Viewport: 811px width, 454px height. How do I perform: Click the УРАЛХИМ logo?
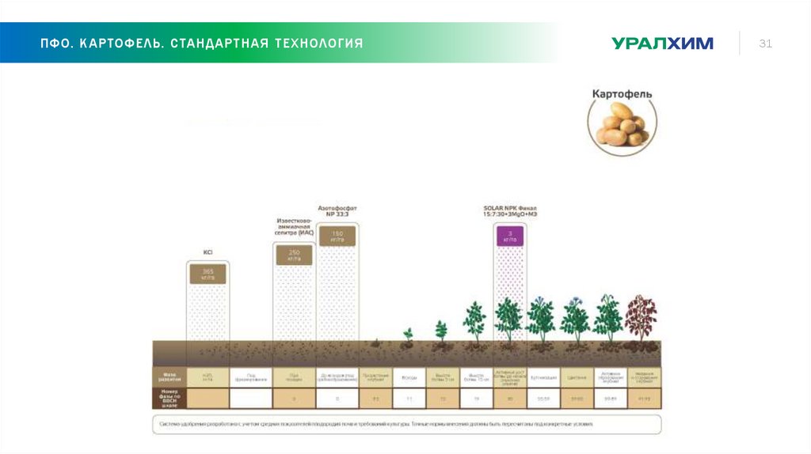pos(662,44)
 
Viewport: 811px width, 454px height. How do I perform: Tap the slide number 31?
pos(765,44)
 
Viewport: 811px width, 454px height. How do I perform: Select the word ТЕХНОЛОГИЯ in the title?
pos(319,43)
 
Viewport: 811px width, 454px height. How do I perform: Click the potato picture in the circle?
pos(622,126)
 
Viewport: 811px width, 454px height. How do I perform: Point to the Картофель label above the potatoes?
pos(622,93)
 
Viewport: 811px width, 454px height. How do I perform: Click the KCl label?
pos(208,252)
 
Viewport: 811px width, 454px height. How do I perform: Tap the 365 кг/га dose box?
pos(208,274)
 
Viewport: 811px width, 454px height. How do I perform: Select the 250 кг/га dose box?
pos(294,255)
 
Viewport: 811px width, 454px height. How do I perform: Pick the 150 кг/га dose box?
pos(337,236)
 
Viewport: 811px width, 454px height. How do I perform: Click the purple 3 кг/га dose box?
pos(510,236)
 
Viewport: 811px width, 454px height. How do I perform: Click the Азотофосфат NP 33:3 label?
pos(337,210)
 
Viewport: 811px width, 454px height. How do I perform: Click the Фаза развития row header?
pos(168,376)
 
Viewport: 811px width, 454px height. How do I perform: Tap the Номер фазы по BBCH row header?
pos(168,398)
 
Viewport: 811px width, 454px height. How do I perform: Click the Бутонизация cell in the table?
pos(543,377)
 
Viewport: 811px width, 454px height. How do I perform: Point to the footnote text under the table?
pos(376,424)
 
